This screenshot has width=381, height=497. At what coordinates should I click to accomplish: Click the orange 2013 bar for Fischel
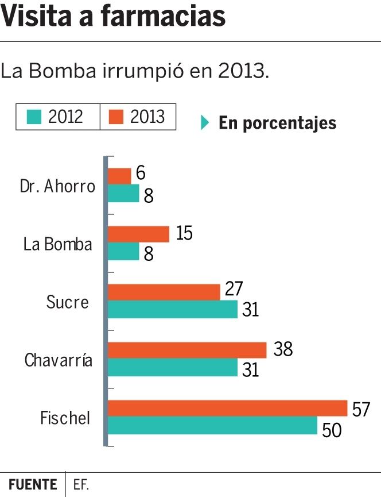pyautogui.click(x=227, y=408)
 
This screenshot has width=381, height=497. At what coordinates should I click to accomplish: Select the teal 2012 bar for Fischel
pyautogui.click(x=212, y=426)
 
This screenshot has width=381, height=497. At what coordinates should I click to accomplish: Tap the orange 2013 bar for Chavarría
pyautogui.click(x=187, y=350)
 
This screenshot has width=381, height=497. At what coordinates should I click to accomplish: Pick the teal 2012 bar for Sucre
pyautogui.click(x=172, y=309)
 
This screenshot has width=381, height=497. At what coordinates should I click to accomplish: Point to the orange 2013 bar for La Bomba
pyautogui.click(x=138, y=234)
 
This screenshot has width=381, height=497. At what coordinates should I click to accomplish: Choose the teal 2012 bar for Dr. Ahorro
pyautogui.click(x=123, y=194)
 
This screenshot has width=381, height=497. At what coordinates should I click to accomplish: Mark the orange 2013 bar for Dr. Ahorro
pyautogui.click(x=119, y=176)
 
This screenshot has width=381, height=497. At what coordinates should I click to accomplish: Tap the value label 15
pyautogui.click(x=184, y=233)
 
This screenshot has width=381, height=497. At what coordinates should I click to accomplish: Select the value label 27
pyautogui.click(x=234, y=288)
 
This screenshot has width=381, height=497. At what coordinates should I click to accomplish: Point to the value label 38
pyautogui.click(x=283, y=348)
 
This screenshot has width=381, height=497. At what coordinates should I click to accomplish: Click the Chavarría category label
pyautogui.click(x=59, y=360)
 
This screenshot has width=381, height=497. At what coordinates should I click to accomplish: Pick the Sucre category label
pyautogui.click(x=68, y=302)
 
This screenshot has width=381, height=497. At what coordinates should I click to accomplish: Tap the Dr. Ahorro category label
pyautogui.click(x=57, y=186)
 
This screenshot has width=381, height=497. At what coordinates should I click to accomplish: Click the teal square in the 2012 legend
pyautogui.click(x=35, y=117)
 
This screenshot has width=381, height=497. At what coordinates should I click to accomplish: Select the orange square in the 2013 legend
pyautogui.click(x=116, y=117)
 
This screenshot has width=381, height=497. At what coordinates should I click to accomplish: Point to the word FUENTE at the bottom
pyautogui.click(x=33, y=484)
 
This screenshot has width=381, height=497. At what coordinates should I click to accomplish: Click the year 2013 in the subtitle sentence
pyautogui.click(x=243, y=71)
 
